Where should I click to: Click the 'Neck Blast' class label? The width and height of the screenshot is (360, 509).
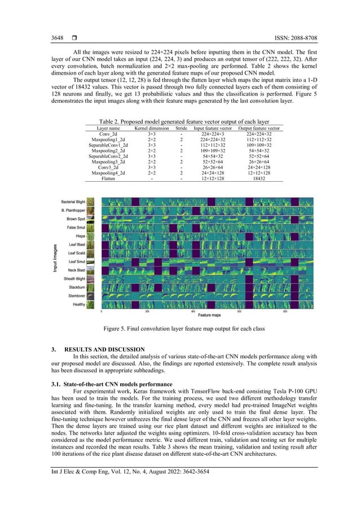click(77, 270)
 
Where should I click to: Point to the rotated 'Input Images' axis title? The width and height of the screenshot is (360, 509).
click(55, 258)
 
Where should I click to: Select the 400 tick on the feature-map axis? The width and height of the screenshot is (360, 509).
click(193, 311)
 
